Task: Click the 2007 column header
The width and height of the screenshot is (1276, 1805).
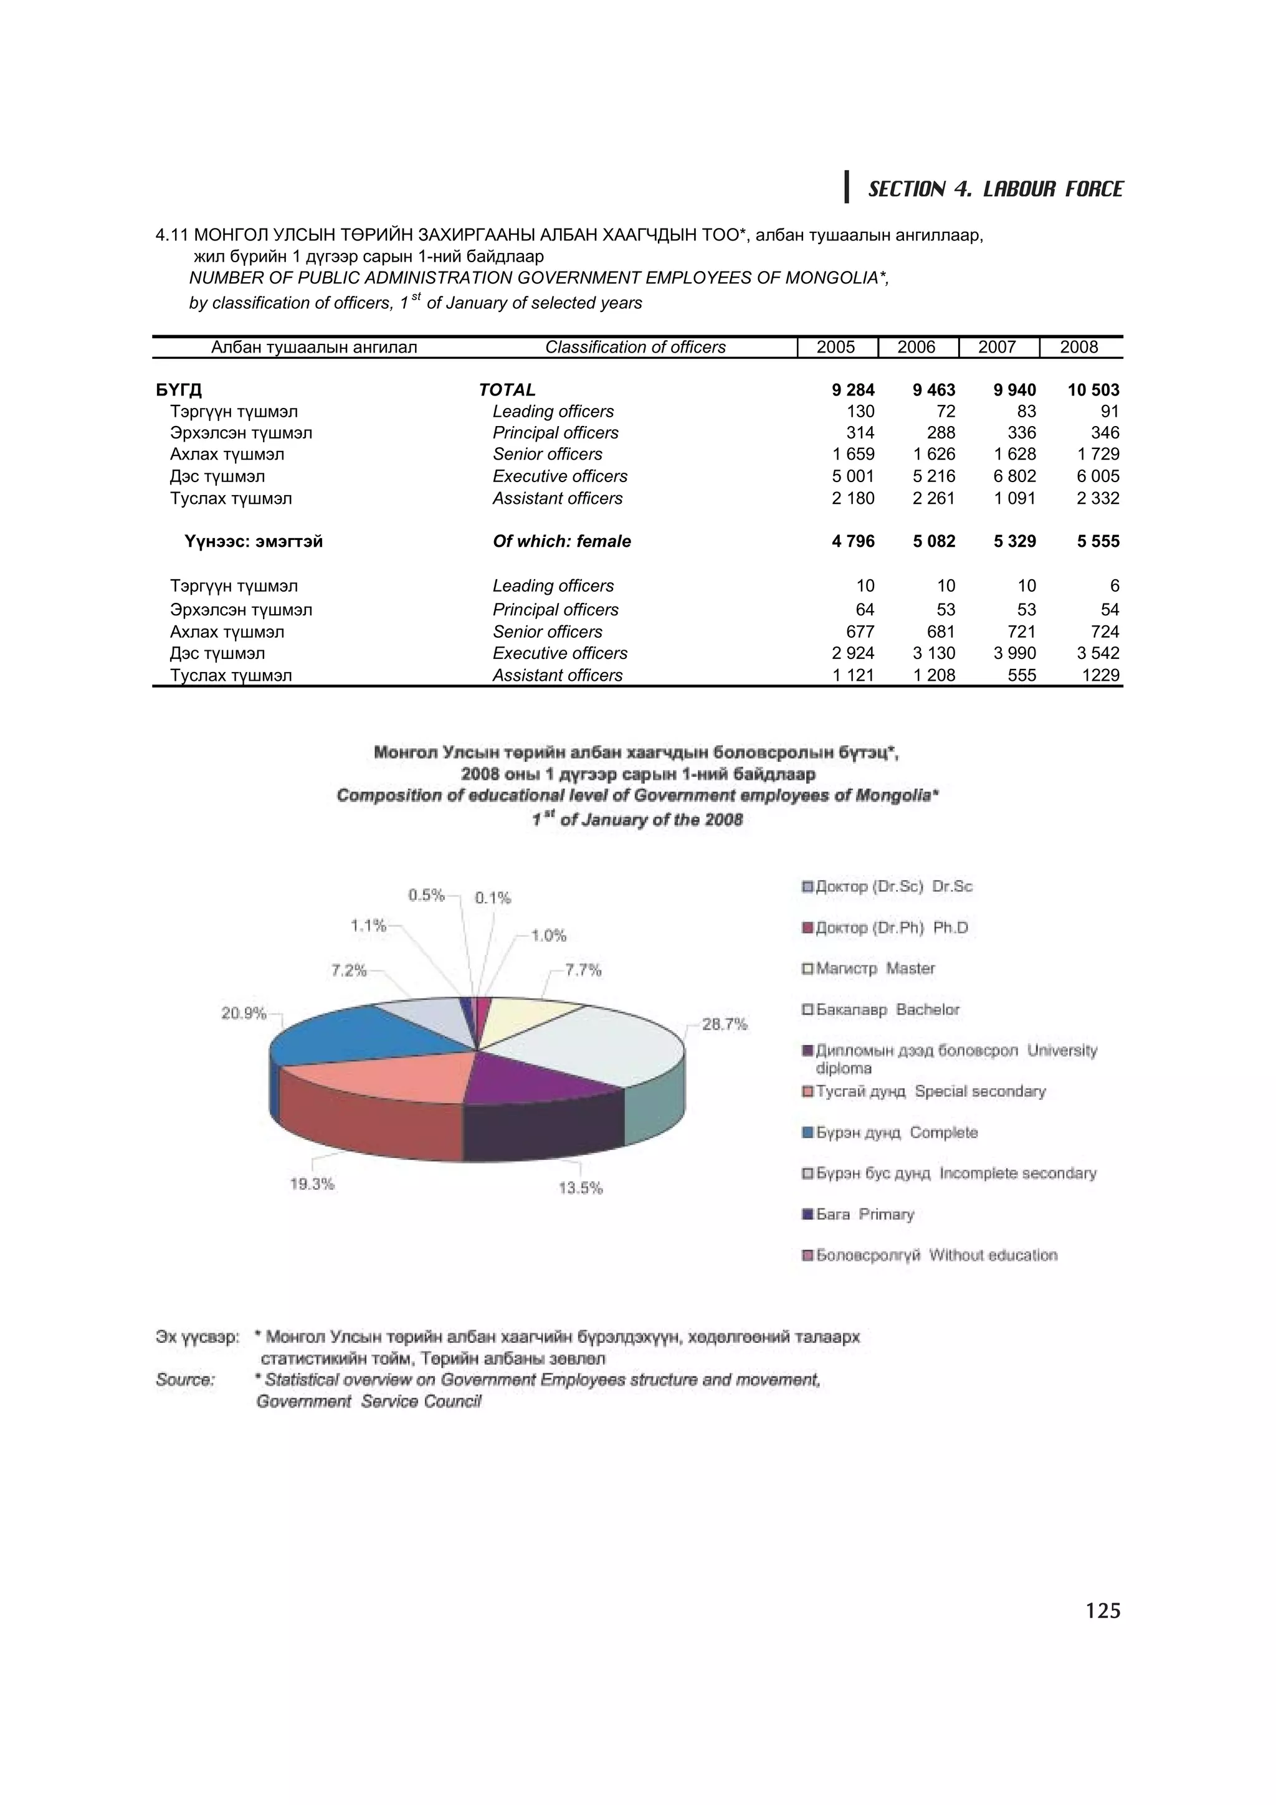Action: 997,348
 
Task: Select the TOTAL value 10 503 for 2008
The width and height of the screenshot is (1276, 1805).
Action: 1093,390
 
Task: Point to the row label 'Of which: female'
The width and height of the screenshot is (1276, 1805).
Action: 561,542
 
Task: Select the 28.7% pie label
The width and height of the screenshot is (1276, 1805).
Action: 724,1025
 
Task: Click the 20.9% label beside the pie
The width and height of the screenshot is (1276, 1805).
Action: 244,1013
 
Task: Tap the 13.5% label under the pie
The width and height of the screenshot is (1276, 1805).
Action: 580,1188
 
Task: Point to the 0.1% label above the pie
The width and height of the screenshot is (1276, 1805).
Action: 493,898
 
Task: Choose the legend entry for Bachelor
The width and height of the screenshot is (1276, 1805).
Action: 887,1010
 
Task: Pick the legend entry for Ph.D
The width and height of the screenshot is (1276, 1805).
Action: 891,927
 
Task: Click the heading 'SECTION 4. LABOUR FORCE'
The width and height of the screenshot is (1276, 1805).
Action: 994,189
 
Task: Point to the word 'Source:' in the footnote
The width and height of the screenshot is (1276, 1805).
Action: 186,1380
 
